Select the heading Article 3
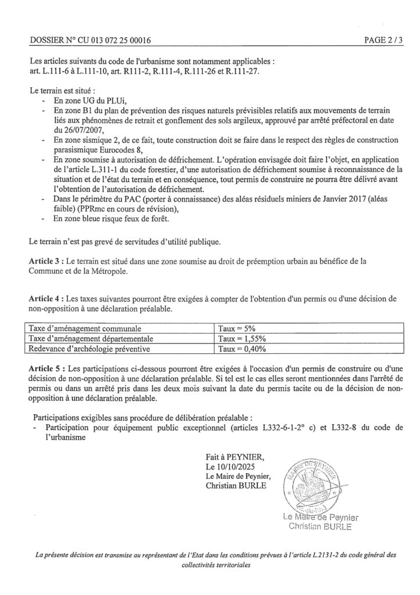tap(46, 261)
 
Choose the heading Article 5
tap(46, 369)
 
